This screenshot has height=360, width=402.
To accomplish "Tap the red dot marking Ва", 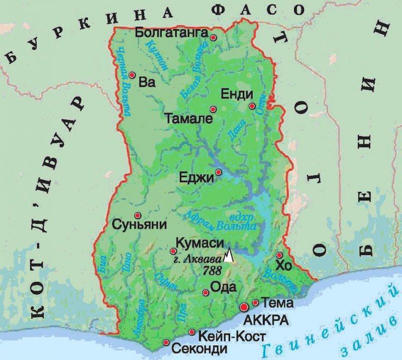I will click(x=132, y=75).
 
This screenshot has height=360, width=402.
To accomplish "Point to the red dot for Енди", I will click(x=252, y=106).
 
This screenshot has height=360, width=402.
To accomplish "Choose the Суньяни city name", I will click(x=139, y=224).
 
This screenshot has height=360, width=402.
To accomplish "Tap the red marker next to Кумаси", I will click(x=173, y=251).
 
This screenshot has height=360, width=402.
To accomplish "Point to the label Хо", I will click(x=284, y=266).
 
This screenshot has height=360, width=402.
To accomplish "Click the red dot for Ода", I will click(x=206, y=292).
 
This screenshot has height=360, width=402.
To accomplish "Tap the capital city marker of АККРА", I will click(x=244, y=306).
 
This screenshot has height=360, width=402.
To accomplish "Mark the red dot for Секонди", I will click(x=166, y=343).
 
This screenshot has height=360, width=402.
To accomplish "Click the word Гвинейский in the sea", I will click(x=322, y=326).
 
